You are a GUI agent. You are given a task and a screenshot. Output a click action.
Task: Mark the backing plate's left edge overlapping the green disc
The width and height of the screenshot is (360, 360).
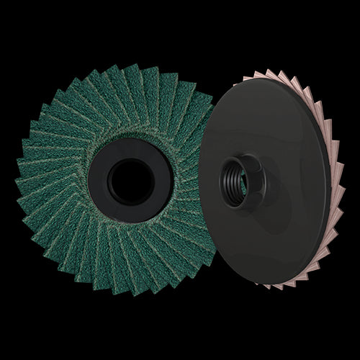pos(202,180)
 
